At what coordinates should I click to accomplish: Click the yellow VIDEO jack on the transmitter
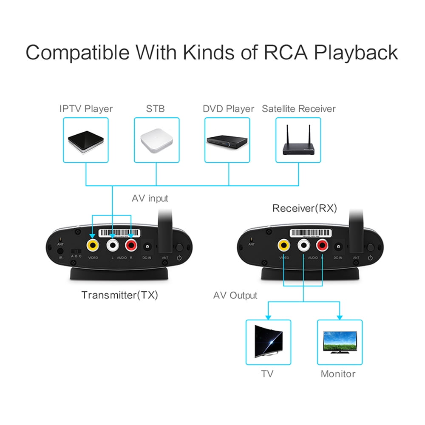click(93, 245)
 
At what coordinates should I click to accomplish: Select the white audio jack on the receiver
click(303, 245)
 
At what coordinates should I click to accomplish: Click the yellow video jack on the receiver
click(283, 245)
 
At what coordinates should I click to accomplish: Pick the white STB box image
click(156, 140)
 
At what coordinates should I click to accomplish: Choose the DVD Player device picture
click(227, 141)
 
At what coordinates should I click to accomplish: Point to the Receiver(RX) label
click(304, 208)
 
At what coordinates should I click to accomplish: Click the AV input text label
click(150, 198)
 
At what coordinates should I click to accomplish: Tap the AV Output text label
click(235, 295)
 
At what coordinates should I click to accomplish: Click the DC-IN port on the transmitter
click(147, 246)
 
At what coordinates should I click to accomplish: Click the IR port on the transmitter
click(61, 250)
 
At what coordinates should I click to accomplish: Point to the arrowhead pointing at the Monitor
click(340, 317)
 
